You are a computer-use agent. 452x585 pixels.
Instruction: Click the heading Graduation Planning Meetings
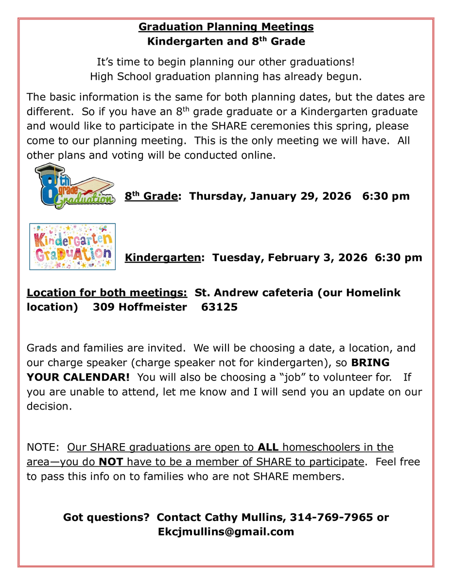[x=226, y=26]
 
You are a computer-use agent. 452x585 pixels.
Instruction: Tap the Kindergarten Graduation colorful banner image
[x=72, y=246]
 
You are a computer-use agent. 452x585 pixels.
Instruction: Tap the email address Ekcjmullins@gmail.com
[x=226, y=532]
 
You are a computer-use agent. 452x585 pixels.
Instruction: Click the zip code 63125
[x=219, y=307]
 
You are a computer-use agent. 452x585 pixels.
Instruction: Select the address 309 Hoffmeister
[x=140, y=307]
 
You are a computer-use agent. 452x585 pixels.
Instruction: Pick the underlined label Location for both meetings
[x=107, y=292]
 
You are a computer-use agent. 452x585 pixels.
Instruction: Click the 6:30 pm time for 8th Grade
[x=386, y=196]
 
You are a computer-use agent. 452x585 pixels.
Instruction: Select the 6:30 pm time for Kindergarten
[x=399, y=258]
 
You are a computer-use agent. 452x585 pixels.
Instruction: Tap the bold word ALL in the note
[x=268, y=447]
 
